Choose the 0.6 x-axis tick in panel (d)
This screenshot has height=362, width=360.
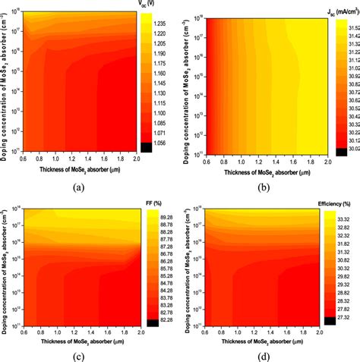(x=208, y=332)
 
